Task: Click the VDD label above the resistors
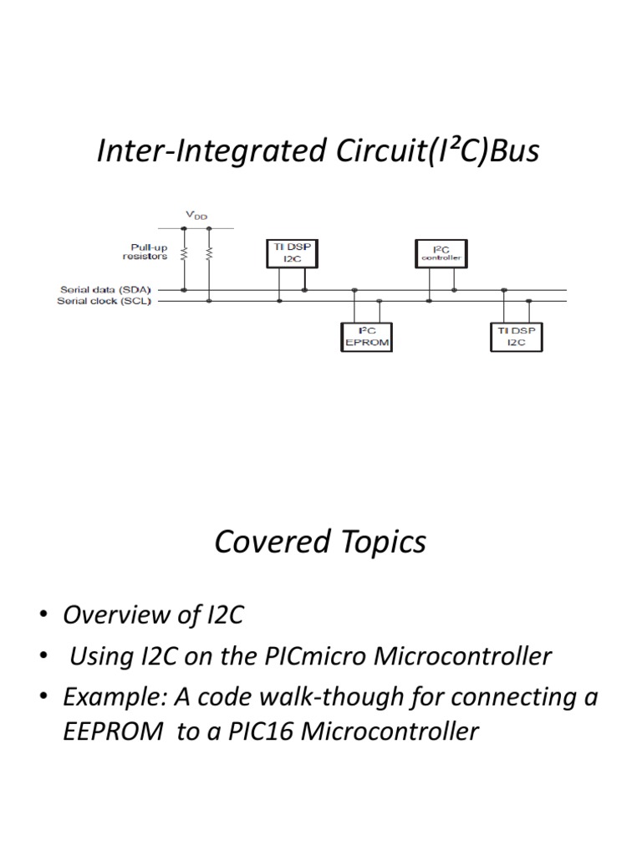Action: (196, 215)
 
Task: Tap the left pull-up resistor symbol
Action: (184, 252)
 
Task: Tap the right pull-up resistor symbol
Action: (209, 252)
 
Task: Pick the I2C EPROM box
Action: (368, 336)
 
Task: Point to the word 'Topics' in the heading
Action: (377, 544)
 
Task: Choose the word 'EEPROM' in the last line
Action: (113, 732)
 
